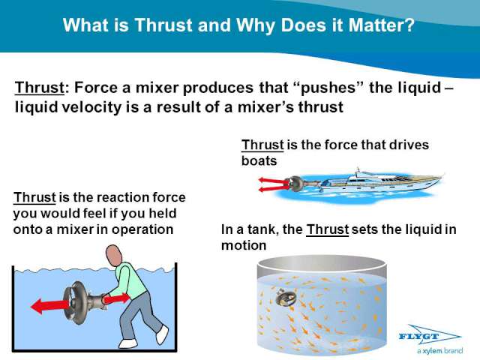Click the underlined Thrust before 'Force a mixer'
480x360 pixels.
pyautogui.click(x=40, y=88)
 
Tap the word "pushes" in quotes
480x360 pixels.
pyautogui.click(x=328, y=88)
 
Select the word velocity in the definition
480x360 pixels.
pyautogui.click(x=91, y=107)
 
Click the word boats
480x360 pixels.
pyautogui.click(x=259, y=160)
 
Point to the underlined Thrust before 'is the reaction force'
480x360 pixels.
pyautogui.click(x=34, y=197)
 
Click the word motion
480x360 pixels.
pyautogui.click(x=244, y=245)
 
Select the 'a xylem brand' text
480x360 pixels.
pyautogui.click(x=439, y=351)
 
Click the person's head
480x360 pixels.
pyautogui.click(x=114, y=255)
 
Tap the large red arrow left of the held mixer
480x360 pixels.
pyautogui.click(x=50, y=305)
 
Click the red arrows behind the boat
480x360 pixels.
pyautogui.click(x=273, y=184)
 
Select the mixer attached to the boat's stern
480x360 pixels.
pyautogui.click(x=296, y=184)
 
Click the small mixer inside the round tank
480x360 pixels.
pyautogui.click(x=286, y=298)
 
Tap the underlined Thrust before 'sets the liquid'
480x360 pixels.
pyautogui.click(x=327, y=229)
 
